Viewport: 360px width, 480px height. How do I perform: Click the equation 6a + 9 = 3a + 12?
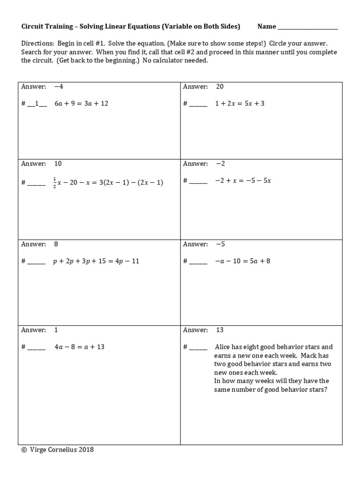tap(81, 103)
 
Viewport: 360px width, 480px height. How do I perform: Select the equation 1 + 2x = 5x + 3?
tap(240, 103)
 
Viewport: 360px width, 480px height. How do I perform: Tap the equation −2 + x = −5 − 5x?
tap(243, 180)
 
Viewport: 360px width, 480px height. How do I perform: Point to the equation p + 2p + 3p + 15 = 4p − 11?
tap(97, 261)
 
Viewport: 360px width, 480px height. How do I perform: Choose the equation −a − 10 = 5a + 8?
tap(242, 261)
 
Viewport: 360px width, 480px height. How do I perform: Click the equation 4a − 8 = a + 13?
tap(79, 347)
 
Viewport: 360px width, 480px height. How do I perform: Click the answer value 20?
tap(220, 87)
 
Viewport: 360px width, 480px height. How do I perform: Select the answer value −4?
tap(58, 87)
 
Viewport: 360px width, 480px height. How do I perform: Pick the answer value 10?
tap(58, 164)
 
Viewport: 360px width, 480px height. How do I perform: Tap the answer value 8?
tap(56, 244)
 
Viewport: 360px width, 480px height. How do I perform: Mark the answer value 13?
tap(220, 330)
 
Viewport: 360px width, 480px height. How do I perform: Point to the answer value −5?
tap(220, 244)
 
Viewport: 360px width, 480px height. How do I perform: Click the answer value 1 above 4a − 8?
tap(56, 330)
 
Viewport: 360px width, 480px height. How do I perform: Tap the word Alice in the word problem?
tap(223, 347)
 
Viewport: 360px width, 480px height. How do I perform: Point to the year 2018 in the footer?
tap(86, 450)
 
